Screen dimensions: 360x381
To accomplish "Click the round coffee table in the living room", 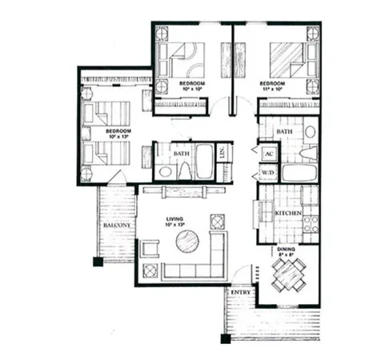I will click(188, 241).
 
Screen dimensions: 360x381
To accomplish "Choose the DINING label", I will click(287, 249).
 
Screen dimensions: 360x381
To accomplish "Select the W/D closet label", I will click(266, 172).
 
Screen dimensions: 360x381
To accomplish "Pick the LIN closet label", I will click(223, 151).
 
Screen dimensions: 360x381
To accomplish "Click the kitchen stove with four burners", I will click(311, 223).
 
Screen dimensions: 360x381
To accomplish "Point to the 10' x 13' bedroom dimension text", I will click(118, 135).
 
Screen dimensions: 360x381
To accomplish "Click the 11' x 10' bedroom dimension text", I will click(271, 90).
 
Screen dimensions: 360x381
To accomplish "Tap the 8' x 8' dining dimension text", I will click(287, 256).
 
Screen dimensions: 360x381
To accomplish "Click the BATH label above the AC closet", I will click(284, 130).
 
